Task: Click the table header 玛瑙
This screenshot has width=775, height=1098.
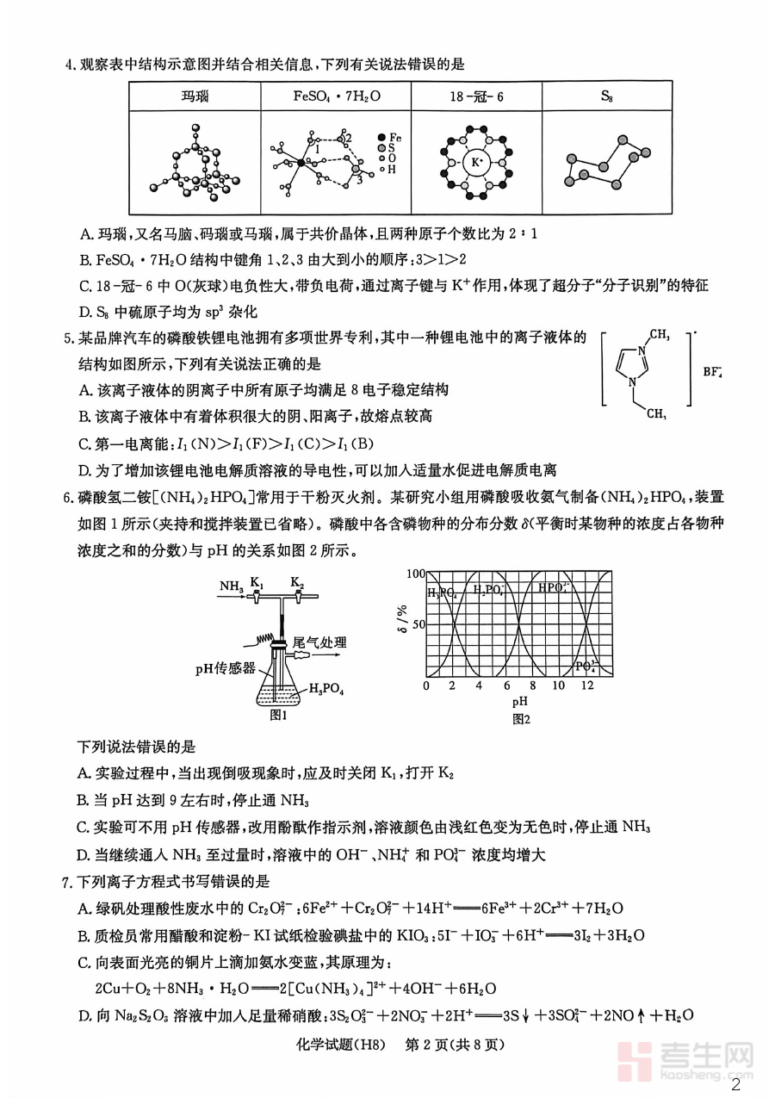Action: point(195,96)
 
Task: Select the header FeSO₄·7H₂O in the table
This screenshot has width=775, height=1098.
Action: point(335,96)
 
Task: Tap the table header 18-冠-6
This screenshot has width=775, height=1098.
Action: point(476,96)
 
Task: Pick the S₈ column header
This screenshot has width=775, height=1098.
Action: point(608,96)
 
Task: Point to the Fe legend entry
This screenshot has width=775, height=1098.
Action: point(389,137)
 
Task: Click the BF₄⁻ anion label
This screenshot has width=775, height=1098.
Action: point(712,373)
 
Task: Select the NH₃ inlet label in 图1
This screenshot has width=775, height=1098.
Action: point(231,586)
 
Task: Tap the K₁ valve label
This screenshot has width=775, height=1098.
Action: point(257,583)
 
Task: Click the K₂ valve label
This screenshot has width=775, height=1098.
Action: point(297,583)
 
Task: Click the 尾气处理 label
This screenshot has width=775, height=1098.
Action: point(319,642)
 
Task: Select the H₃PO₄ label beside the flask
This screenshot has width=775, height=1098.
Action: point(327,689)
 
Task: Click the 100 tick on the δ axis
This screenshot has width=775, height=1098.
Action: point(415,574)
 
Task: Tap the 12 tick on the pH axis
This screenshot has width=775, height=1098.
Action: point(586,685)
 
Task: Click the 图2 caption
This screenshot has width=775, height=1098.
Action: point(521,718)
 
